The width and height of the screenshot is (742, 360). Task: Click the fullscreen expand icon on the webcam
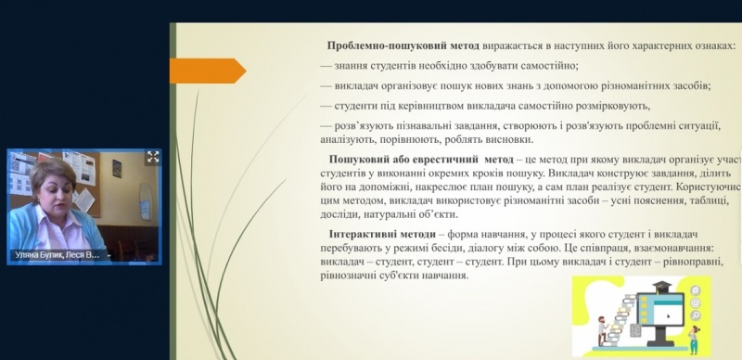tap(153, 157)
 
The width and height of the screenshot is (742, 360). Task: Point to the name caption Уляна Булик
tap(42, 254)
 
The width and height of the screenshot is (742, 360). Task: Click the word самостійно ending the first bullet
tap(546, 65)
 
